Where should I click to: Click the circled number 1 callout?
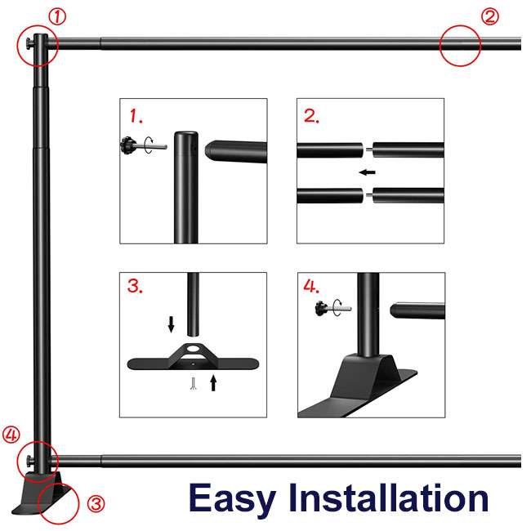57,17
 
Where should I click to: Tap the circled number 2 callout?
489,17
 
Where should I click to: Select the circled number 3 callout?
96,503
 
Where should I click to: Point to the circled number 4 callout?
11,435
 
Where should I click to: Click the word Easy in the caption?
232,498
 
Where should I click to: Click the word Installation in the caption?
388,498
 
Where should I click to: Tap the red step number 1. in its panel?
136,116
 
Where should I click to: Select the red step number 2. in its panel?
311,116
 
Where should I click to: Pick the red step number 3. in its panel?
135,286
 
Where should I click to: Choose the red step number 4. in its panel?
311,286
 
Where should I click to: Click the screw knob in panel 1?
129,145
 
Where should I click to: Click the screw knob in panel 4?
321,308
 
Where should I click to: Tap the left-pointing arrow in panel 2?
367,172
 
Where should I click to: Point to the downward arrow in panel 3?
171,324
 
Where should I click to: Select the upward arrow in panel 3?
213,382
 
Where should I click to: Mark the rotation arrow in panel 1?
149,145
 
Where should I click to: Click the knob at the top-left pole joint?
29,43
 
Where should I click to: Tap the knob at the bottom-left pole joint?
29,460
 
